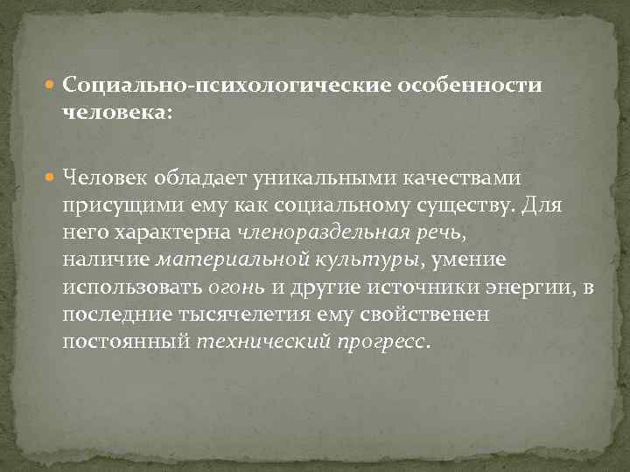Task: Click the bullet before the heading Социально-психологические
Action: click(54, 87)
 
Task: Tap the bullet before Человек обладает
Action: click(54, 179)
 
